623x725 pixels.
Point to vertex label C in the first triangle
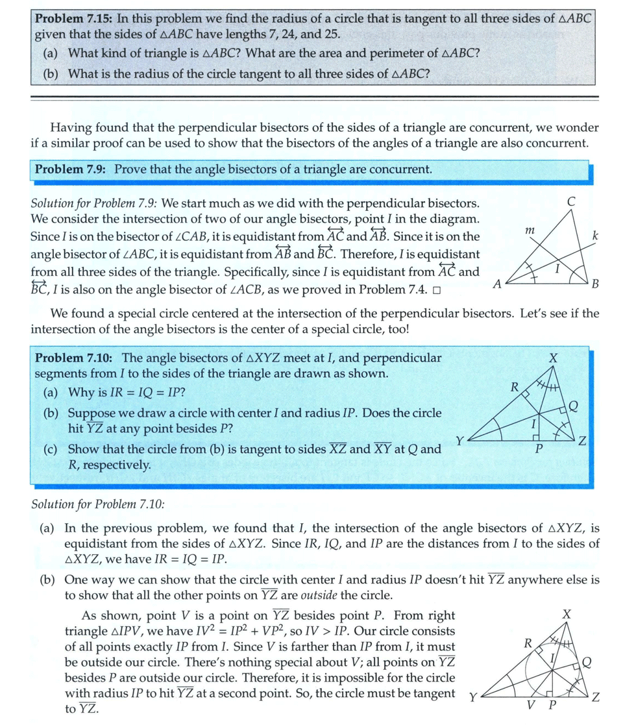click(x=570, y=202)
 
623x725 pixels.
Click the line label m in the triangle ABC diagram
click(x=530, y=230)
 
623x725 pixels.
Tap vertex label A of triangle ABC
click(x=497, y=284)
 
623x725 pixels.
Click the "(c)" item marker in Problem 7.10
click(x=50, y=449)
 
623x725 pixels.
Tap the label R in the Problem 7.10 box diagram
click(x=513, y=388)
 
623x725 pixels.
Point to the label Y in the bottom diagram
click(x=472, y=698)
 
